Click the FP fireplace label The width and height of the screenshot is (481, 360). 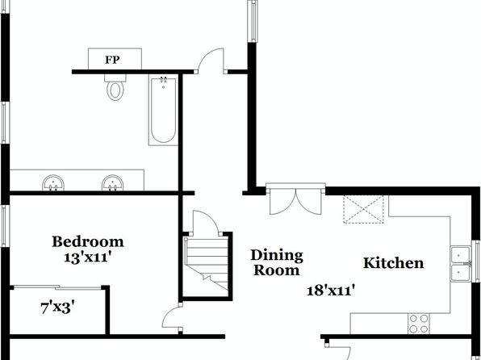coord(112,60)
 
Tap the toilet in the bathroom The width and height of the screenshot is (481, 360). coord(115,87)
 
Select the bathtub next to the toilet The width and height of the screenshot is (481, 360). coord(163,110)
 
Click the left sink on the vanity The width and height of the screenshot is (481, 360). coord(53,183)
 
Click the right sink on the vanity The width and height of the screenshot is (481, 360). coord(112,183)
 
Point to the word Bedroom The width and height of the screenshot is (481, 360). coord(88,241)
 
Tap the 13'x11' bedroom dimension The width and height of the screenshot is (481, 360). coord(87,257)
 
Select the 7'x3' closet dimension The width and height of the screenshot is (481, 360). coord(57,308)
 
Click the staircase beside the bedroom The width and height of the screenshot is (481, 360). coord(206,263)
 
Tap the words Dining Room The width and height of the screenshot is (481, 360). coord(277,262)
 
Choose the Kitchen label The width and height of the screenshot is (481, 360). coord(394,263)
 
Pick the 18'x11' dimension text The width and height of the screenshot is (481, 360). coord(331,290)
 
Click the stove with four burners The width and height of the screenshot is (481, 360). coord(419,324)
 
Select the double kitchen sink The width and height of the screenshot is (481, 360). coord(461,263)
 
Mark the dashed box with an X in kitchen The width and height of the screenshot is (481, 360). coord(363,209)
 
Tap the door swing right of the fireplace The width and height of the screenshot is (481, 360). coord(211,61)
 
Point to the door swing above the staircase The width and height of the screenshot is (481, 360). coord(206,222)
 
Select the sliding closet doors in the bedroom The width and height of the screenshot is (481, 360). coord(57,287)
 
